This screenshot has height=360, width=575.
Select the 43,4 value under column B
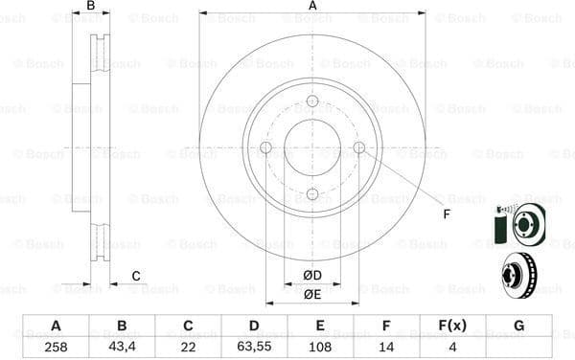pyautogui.click(x=121, y=347)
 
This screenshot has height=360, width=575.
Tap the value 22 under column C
pyautogui.click(x=187, y=347)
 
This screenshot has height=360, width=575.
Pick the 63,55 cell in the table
pyautogui.click(x=254, y=347)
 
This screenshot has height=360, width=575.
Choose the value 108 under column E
pyautogui.click(x=320, y=347)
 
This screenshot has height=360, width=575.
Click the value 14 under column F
pyautogui.click(x=386, y=347)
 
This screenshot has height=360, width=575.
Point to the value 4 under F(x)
pyautogui.click(x=452, y=347)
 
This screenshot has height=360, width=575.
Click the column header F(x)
pyautogui.click(x=452, y=326)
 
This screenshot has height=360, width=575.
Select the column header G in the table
pyautogui.click(x=518, y=326)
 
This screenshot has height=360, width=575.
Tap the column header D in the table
pyautogui.click(x=254, y=326)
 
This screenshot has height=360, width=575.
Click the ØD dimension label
pyautogui.click(x=312, y=276)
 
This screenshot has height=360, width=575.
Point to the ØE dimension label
pyautogui.click(x=312, y=294)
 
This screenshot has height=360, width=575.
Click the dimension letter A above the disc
pyautogui.click(x=312, y=7)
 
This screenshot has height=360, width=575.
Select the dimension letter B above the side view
pyautogui.click(x=91, y=7)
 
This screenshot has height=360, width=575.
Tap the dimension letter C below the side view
pyautogui.click(x=136, y=276)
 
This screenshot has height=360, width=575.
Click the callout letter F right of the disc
pyautogui.click(x=447, y=213)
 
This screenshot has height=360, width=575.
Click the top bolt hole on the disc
pyautogui.click(x=312, y=101)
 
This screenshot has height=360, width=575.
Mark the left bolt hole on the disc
pyautogui.click(x=265, y=147)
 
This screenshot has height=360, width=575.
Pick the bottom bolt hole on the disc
pyautogui.click(x=312, y=194)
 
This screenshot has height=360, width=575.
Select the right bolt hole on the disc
pyautogui.click(x=359, y=147)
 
